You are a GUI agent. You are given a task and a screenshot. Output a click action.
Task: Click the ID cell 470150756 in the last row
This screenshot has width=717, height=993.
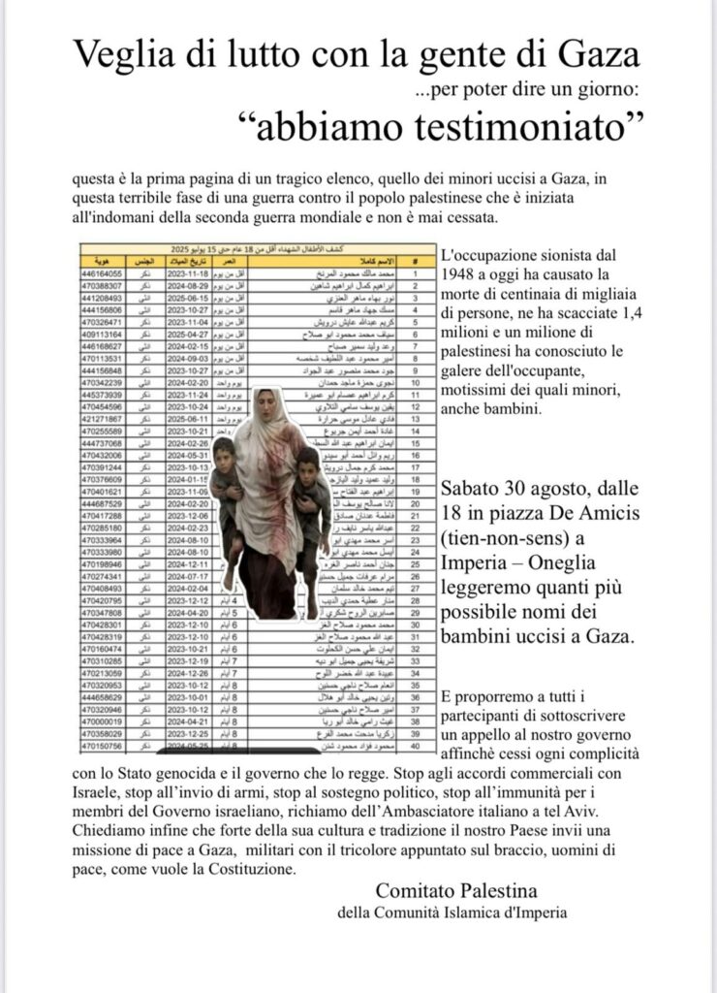[x=104, y=748]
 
